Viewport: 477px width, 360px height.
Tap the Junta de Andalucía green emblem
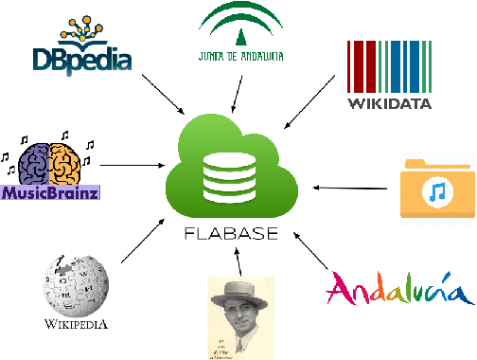coord(239,27)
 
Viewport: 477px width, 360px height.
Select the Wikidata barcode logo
coord(389,65)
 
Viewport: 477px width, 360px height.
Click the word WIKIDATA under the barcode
coord(389,102)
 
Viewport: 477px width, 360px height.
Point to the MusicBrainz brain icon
coord(51,163)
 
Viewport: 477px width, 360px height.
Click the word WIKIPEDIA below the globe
coord(76,324)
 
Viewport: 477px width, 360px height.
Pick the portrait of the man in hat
coord(240,317)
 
